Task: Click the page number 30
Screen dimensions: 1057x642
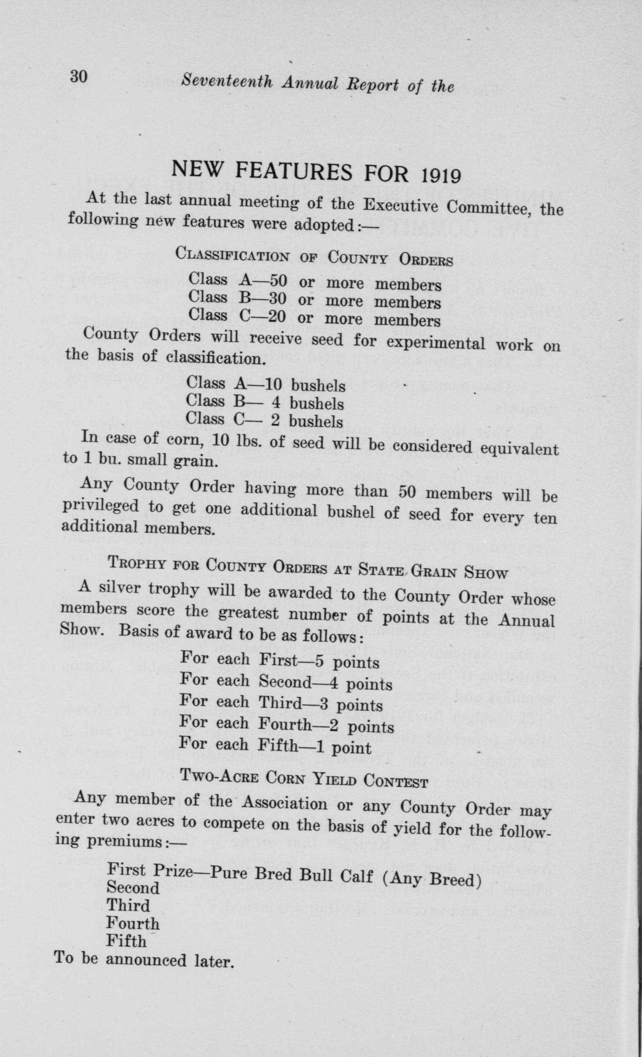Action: [x=79, y=77]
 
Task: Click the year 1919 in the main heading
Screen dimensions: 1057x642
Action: [x=440, y=175]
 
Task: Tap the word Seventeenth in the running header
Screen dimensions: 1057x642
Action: [x=227, y=81]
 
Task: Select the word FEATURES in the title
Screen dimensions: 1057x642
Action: [x=294, y=171]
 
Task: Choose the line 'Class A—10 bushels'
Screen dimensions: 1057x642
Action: [x=266, y=384]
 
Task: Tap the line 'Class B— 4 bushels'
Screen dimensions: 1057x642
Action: [x=265, y=402]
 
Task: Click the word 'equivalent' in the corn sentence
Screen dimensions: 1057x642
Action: [x=519, y=448]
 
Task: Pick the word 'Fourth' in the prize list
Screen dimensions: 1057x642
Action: [x=133, y=923]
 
